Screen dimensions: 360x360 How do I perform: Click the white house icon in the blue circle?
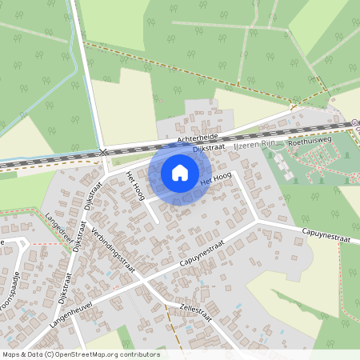coord(180,173)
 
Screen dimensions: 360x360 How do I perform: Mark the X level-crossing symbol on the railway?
coord(102,151)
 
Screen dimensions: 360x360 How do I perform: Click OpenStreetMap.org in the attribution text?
coord(83,354)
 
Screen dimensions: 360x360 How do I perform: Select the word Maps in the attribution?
coord(11,354)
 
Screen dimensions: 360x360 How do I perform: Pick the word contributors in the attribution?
coord(139,354)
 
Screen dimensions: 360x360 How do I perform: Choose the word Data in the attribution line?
coord(32,354)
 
